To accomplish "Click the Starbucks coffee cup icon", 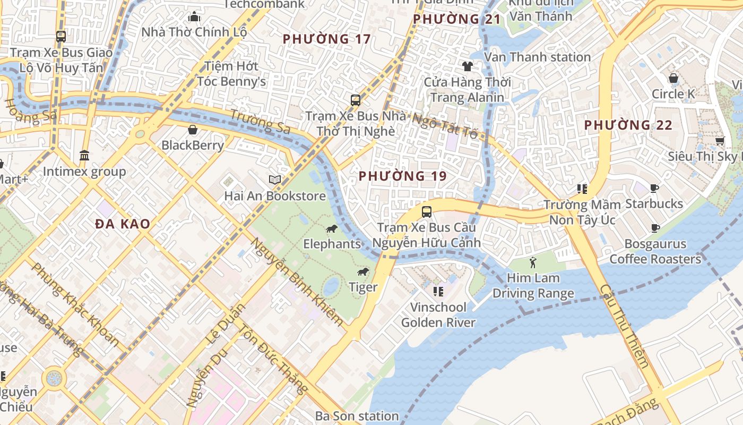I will pyautogui.click(x=654, y=188).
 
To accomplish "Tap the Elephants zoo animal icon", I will pyautogui.click(x=332, y=229).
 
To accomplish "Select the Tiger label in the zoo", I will pyautogui.click(x=363, y=287).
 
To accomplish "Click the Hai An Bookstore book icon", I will pyautogui.click(x=274, y=180).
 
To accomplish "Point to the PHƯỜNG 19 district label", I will pyautogui.click(x=402, y=176).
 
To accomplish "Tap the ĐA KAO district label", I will pyautogui.click(x=123, y=224).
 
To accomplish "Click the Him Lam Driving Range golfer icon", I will pyautogui.click(x=533, y=262).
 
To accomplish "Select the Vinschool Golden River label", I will pyautogui.click(x=438, y=314).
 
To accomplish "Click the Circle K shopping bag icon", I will pyautogui.click(x=673, y=79).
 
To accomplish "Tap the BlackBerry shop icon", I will pyautogui.click(x=193, y=130).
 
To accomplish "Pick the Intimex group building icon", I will pyautogui.click(x=84, y=156).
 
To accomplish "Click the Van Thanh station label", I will pyautogui.click(x=537, y=57).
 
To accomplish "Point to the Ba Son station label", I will pyautogui.click(x=357, y=415).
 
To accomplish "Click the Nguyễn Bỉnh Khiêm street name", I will pyautogui.click(x=297, y=282).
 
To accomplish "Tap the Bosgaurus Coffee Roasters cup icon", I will pyautogui.click(x=655, y=228).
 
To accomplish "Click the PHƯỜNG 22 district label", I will pyautogui.click(x=628, y=125).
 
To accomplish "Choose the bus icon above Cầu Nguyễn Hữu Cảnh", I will pyautogui.click(x=426, y=212).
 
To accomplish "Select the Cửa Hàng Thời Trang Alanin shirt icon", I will pyautogui.click(x=467, y=66).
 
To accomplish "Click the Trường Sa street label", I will pyautogui.click(x=260, y=122).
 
